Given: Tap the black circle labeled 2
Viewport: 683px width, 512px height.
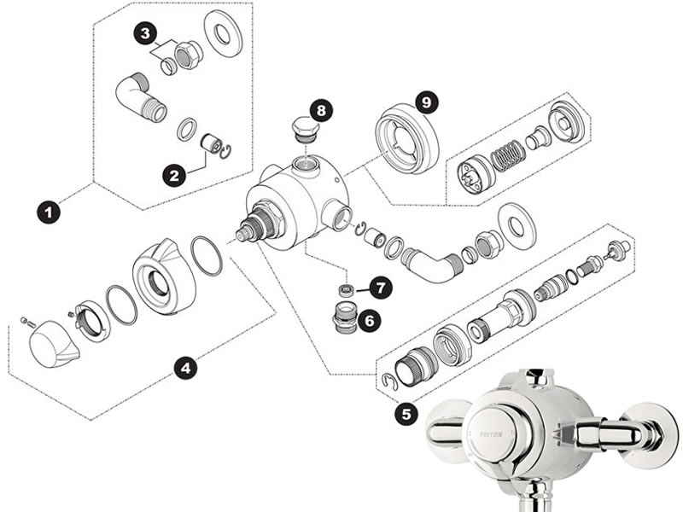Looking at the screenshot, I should point(174,176).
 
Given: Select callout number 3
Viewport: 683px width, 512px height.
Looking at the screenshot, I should point(146,35).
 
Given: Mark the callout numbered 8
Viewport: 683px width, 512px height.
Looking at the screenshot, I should point(320,110).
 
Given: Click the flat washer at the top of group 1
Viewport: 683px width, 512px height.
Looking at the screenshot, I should point(223,35).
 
